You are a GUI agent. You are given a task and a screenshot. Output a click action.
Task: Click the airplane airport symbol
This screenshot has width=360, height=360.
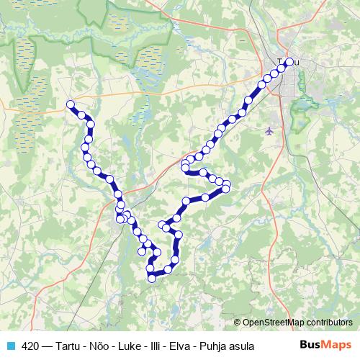click(x=269, y=131)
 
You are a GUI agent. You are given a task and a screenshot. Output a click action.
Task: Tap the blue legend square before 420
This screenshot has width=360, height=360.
click(x=10, y=346)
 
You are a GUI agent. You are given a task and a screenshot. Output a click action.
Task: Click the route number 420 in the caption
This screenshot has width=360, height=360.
click(x=31, y=346)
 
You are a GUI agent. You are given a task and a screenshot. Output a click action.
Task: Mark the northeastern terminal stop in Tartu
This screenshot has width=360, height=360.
click(x=289, y=62)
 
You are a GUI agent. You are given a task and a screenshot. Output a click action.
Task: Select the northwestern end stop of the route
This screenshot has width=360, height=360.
click(x=71, y=104)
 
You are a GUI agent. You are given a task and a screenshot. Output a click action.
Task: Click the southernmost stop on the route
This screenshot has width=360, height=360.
click(x=151, y=278)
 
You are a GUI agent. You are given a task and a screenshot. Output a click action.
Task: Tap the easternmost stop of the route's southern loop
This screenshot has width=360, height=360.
click(x=225, y=189)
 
